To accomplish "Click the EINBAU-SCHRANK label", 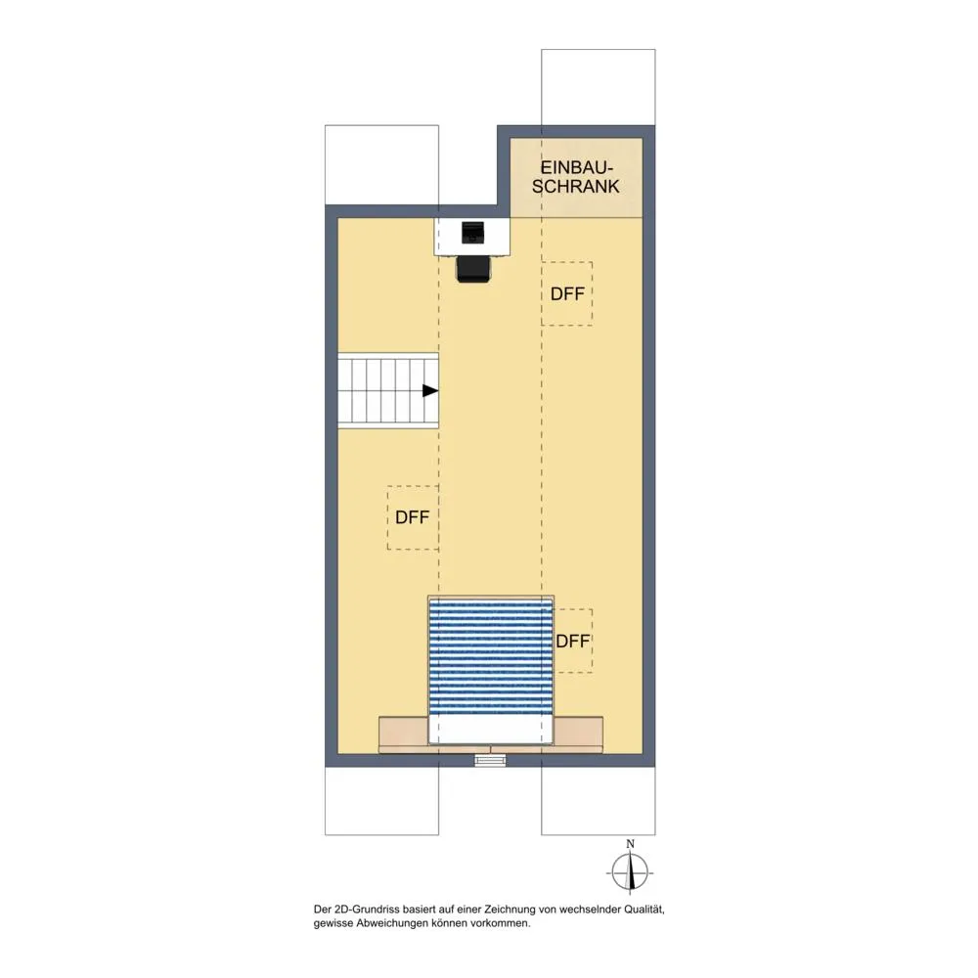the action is pos(576,177).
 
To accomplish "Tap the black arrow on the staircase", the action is pos(430,391).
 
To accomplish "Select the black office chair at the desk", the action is pos(473,270).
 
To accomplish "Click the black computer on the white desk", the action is pos(472,233).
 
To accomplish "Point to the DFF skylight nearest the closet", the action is pos(567,293).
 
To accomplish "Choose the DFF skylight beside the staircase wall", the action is pos(413,517).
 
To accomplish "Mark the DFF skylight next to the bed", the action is pos(572,641).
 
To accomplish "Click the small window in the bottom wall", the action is pos(490,760).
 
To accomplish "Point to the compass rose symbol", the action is pos(630,872).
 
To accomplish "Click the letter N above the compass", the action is pos(630,844).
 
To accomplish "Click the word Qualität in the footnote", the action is pos(645,910).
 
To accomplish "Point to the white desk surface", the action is pos(472,237).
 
